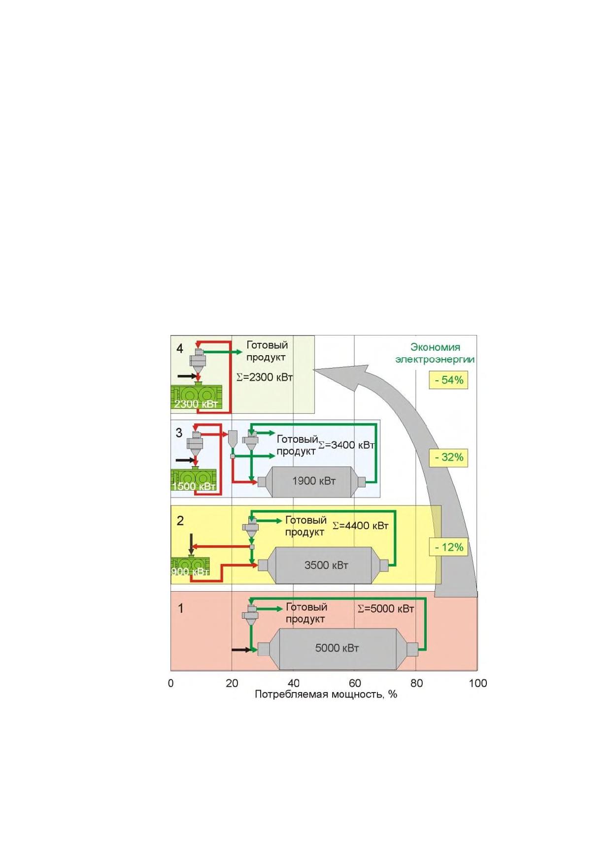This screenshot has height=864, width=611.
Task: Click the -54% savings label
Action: pos(448,380)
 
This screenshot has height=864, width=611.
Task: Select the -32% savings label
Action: pos(448,457)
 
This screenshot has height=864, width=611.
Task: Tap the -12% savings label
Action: pos(448,547)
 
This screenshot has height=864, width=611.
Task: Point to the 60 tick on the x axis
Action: pos(355,683)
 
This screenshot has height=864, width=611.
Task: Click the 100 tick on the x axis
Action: pos(477,683)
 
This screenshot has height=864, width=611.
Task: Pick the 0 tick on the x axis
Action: pos(171,683)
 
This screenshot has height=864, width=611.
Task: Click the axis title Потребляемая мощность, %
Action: pos(326,695)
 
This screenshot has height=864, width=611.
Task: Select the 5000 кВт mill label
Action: pos(337,648)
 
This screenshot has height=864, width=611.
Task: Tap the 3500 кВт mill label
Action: pos(326,565)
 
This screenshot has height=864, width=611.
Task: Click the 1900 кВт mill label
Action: pos(314,481)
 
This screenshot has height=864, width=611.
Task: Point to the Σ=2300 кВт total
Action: pos(265,377)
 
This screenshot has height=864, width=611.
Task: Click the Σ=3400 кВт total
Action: pos(347,445)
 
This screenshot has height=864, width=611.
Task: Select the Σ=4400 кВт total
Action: pos(361,526)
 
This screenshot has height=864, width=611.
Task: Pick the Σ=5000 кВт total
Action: pos(386,609)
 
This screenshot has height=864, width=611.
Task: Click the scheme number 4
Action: pos(180,349)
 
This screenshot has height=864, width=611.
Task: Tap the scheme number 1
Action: pos(180,608)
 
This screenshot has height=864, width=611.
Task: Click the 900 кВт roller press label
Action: pos(190,571)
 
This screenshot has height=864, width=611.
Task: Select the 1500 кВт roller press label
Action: pos(194,486)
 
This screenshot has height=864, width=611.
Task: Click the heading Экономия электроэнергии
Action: pos(435,353)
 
